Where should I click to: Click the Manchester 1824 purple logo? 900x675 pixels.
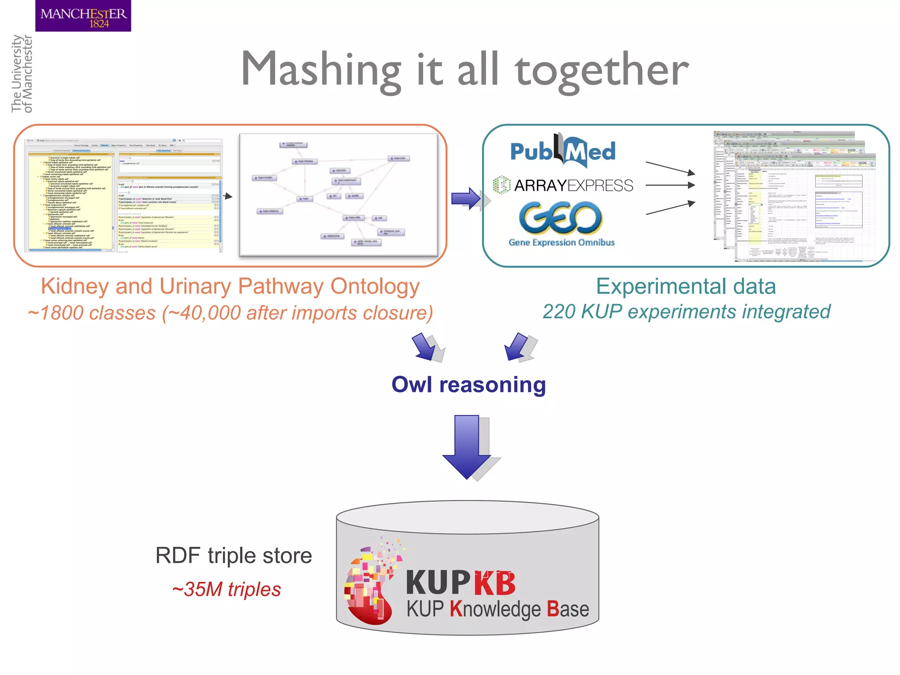point(83,16)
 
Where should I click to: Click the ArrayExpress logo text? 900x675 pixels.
point(573,185)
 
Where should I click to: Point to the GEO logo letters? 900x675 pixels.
point(560,218)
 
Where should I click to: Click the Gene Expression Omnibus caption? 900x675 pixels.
point(561,243)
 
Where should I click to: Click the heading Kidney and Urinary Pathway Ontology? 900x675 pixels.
point(230,287)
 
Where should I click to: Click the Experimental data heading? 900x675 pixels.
point(686,287)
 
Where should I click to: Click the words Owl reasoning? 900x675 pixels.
point(468,385)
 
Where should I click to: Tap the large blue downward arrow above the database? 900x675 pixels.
point(467,446)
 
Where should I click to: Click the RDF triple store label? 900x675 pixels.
point(233,556)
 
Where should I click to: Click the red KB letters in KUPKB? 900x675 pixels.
point(495,584)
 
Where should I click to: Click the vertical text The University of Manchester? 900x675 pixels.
point(22,74)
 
